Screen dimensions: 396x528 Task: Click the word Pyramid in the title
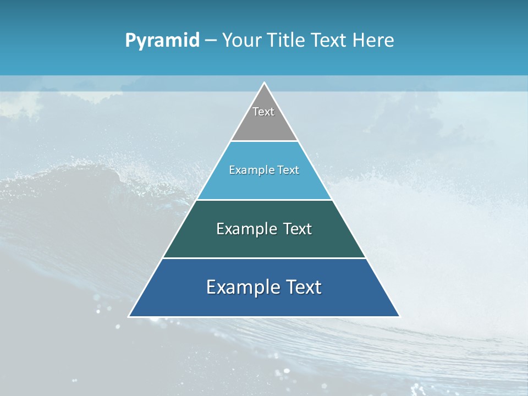click(162, 41)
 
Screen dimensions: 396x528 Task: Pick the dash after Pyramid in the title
click(211, 41)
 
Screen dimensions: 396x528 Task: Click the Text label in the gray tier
click(263, 112)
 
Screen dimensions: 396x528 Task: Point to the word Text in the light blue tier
click(288, 170)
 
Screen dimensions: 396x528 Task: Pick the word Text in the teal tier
click(298, 229)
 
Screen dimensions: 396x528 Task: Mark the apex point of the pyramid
click(264, 83)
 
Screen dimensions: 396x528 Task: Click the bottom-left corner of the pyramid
click(129, 316)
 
